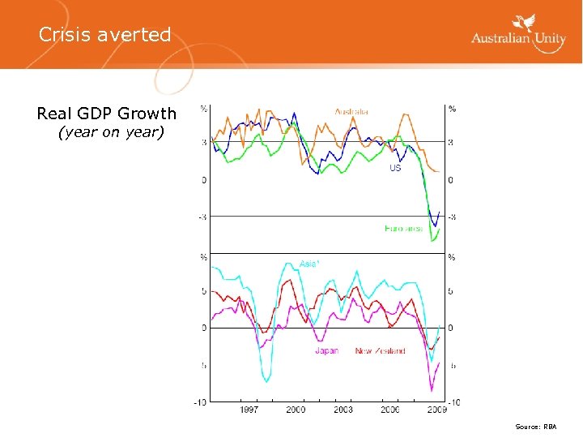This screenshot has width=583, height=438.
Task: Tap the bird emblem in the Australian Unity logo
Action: pyautogui.click(x=526, y=25)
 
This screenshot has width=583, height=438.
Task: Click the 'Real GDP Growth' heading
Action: pyautogui.click(x=106, y=114)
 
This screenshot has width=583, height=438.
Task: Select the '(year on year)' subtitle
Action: pyautogui.click(x=110, y=131)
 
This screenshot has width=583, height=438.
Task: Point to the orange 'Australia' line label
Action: pyautogui.click(x=351, y=112)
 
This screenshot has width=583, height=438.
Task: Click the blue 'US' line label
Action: pyautogui.click(x=395, y=168)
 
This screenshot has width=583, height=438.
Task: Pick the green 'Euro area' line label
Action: pyautogui.click(x=403, y=229)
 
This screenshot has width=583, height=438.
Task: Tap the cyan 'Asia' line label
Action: pyautogui.click(x=309, y=264)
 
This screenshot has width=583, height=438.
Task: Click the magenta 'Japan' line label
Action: pyautogui.click(x=327, y=351)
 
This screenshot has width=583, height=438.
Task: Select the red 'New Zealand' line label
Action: pyautogui.click(x=381, y=351)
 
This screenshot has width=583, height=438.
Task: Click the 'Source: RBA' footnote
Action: pyautogui.click(x=536, y=427)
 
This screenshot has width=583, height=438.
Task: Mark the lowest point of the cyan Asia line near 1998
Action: pyautogui.click(x=266, y=380)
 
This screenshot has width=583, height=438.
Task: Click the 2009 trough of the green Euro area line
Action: pyautogui.click(x=433, y=241)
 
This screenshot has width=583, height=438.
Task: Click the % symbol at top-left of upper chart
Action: pyautogui.click(x=204, y=109)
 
